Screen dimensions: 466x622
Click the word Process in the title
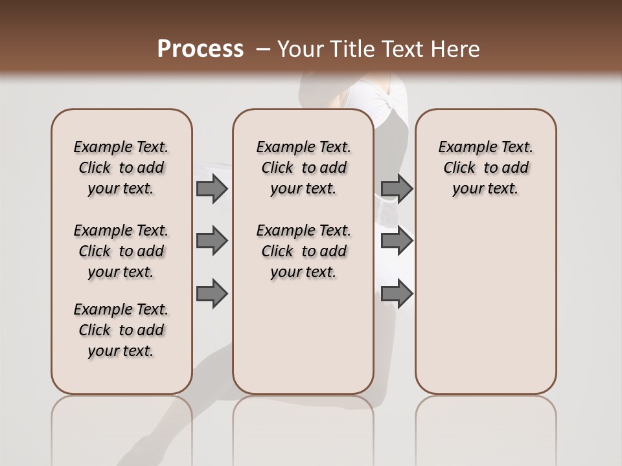coord(200,49)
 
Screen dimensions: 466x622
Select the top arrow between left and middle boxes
coord(212,188)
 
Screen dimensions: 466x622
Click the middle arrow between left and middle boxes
coord(212,241)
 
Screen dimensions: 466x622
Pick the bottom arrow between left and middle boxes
coord(212,293)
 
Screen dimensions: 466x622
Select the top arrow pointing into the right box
coord(397,188)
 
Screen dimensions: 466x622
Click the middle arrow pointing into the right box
coord(397,241)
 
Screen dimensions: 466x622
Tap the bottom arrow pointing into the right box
coord(397,293)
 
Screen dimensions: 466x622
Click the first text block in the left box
coord(121,168)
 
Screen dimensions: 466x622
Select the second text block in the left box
coord(121,251)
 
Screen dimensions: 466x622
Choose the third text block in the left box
coord(121,330)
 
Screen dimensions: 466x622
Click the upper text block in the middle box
coord(303,168)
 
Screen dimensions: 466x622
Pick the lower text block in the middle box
coord(303,251)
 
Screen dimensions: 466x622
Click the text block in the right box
coord(485,168)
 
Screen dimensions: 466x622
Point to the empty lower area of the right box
coord(485,304)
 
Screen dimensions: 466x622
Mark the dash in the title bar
coord(263,49)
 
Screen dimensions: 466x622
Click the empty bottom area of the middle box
coord(303,343)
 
